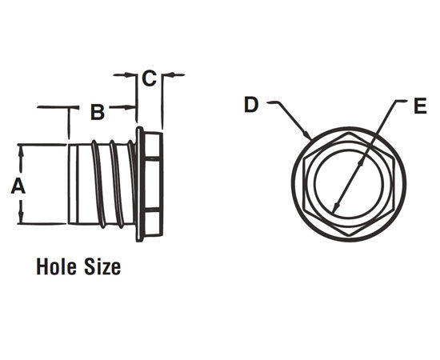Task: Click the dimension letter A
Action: (16, 186)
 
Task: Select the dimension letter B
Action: (97, 112)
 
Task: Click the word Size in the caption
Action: (103, 266)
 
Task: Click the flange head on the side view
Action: (150, 184)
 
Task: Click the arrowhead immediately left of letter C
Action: (133, 76)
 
